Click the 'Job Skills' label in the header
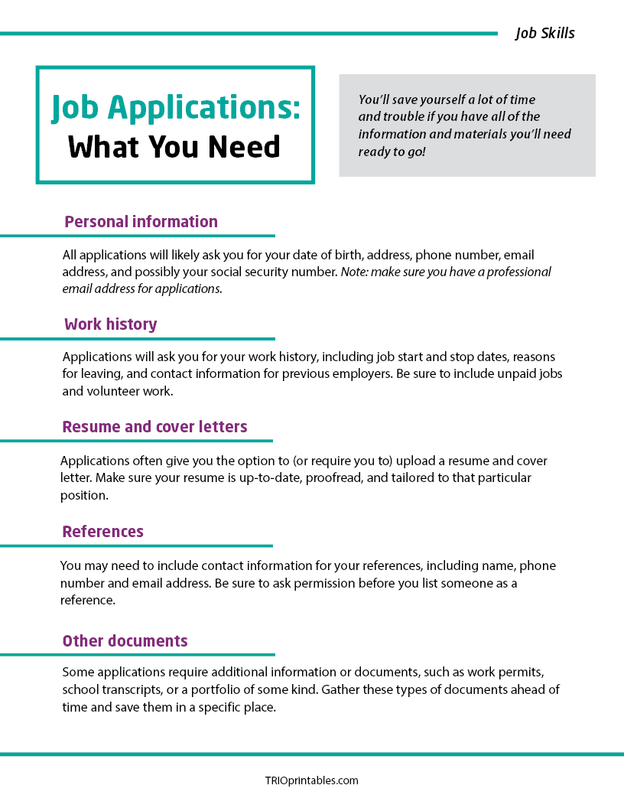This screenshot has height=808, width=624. click(x=544, y=33)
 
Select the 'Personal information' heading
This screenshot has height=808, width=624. click(x=141, y=222)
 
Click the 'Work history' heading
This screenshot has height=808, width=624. click(x=110, y=324)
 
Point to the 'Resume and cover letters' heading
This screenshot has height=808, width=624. click(x=154, y=427)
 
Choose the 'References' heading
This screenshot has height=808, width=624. click(x=102, y=532)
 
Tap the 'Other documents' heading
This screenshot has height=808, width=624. click(x=125, y=641)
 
